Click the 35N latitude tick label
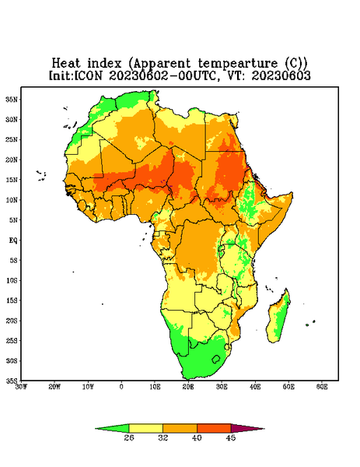click(x=12, y=100)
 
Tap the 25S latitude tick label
click(x=12, y=341)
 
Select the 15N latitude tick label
click(x=12, y=180)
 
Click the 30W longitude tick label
click(x=21, y=387)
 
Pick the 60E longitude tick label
click(x=322, y=387)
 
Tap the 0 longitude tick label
click(x=121, y=387)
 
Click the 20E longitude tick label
click(x=188, y=387)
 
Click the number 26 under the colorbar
click(x=129, y=437)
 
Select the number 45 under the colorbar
click(x=231, y=437)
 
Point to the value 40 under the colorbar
click(x=197, y=437)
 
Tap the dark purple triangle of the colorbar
click(x=243, y=428)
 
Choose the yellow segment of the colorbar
click(x=145, y=429)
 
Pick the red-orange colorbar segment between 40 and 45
click(x=214, y=429)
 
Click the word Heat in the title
click(x=66, y=64)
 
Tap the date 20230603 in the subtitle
click(x=281, y=75)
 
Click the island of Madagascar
click(x=278, y=318)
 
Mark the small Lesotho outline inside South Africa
click(x=216, y=359)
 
